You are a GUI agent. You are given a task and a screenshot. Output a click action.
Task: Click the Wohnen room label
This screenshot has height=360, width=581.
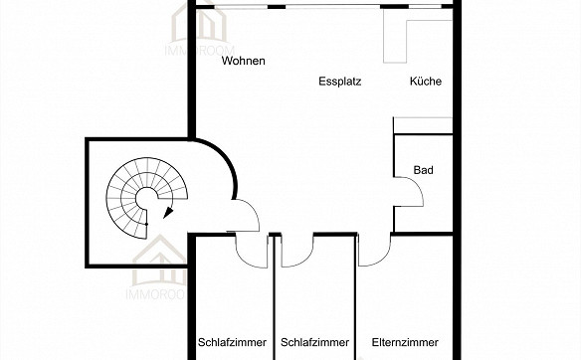pyautogui.click(x=244, y=62)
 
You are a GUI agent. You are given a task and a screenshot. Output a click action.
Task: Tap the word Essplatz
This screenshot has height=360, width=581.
pyautogui.click(x=339, y=82)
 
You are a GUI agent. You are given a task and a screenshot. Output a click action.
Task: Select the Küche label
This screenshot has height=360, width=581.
pyautogui.click(x=425, y=82)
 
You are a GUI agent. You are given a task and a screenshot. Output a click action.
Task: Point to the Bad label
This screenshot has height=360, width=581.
pyautogui.click(x=423, y=171)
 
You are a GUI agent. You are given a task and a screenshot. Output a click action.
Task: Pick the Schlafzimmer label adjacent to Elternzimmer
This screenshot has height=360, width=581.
pyautogui.click(x=315, y=343)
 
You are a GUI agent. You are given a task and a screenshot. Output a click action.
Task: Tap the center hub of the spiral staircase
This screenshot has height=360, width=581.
pyautogui.click(x=145, y=203)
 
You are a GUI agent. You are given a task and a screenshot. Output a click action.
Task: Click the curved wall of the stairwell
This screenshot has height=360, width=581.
pyautogui.click(x=229, y=169)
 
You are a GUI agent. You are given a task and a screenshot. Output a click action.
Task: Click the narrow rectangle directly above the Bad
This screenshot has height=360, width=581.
pyautogui.click(x=425, y=124)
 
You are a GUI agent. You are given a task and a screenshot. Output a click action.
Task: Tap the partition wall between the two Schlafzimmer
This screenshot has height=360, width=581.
pyautogui.click(x=274, y=298)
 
